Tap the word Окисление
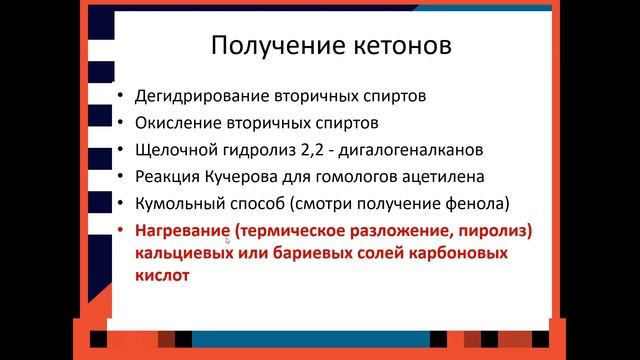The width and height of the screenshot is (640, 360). tap(175, 125)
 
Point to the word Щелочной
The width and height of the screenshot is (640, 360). tap(172, 151)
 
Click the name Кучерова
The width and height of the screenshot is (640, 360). tap(245, 178)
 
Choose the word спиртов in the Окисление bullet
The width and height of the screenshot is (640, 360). tap(348, 125)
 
